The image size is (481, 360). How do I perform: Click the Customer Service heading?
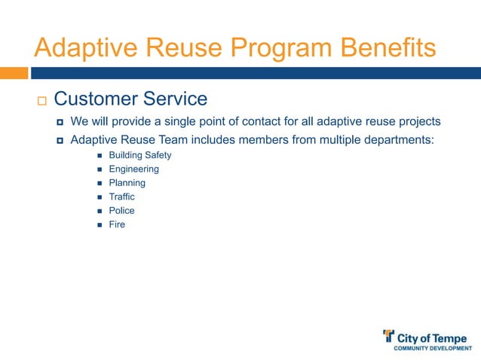(x=130, y=99)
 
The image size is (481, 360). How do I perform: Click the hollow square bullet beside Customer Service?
(x=41, y=100)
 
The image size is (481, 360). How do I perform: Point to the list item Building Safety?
(x=140, y=155)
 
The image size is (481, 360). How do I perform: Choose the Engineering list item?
(x=133, y=169)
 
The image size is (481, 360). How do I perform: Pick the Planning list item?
(x=127, y=183)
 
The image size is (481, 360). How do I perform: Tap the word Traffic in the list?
(x=122, y=197)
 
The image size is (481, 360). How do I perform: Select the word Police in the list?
(x=121, y=211)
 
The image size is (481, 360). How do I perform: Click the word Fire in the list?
(x=117, y=224)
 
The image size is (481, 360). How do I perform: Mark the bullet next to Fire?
(x=99, y=225)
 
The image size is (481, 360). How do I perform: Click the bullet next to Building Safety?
(x=99, y=156)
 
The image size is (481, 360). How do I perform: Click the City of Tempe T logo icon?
(x=389, y=335)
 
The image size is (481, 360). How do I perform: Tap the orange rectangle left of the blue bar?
(x=14, y=73)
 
